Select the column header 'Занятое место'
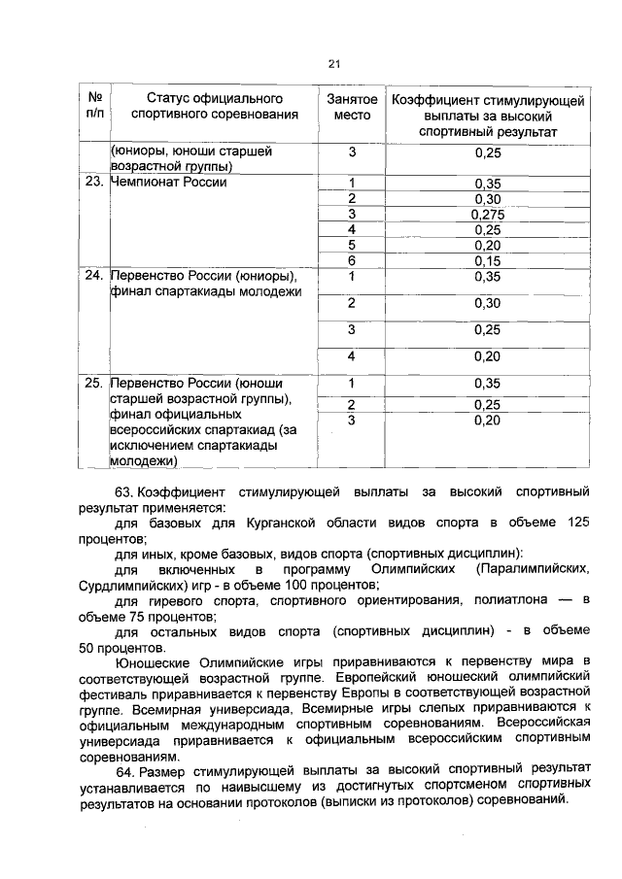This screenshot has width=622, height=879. pos(352,107)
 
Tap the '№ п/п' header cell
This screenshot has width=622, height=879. pos(95,107)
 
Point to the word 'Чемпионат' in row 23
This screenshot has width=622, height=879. pos(149,182)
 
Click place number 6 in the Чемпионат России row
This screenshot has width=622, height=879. pos(352,260)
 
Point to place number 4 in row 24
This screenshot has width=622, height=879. pos(352,356)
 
